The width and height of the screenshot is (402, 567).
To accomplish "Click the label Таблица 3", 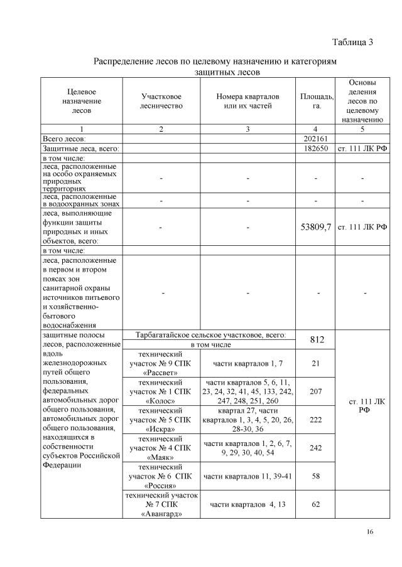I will tap(352, 43).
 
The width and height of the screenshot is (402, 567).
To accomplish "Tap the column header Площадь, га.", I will tap(316, 102).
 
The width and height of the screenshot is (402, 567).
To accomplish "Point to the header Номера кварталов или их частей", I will tap(247, 102).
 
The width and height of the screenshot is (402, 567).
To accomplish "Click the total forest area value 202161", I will tap(316, 138).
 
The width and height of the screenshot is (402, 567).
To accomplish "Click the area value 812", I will tap(316, 339).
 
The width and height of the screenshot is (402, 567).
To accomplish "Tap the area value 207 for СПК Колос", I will tap(316, 391).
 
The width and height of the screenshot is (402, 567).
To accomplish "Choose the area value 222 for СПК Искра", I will tap(316, 419).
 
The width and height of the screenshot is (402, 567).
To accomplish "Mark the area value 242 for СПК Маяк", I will tap(316, 448).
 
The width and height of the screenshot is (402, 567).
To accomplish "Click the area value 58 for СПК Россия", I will tap(316, 476).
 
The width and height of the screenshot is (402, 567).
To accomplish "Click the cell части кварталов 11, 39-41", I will tap(247, 476).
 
